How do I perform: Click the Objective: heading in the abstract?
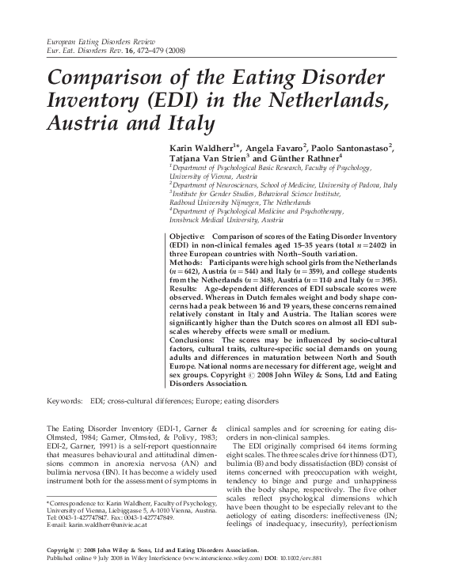tap(188, 237)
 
